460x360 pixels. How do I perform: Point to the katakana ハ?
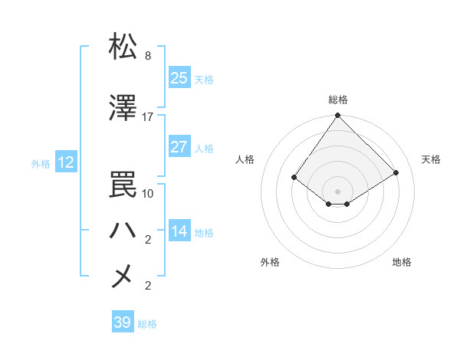123,228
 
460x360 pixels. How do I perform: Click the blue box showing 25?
179,78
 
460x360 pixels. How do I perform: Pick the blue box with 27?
179,147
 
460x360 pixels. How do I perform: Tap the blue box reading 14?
179,231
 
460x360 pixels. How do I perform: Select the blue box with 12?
65,162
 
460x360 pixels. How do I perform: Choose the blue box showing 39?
123,322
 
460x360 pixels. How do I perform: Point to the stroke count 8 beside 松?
148,56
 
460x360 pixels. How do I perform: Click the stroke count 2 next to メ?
148,286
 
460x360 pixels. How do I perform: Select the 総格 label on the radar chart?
338,100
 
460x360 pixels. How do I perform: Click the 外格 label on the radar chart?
270,262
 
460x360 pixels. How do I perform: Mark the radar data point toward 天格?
396,172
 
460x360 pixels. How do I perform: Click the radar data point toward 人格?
294,177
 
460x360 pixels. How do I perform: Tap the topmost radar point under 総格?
338,116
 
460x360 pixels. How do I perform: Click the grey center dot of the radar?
338,191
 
